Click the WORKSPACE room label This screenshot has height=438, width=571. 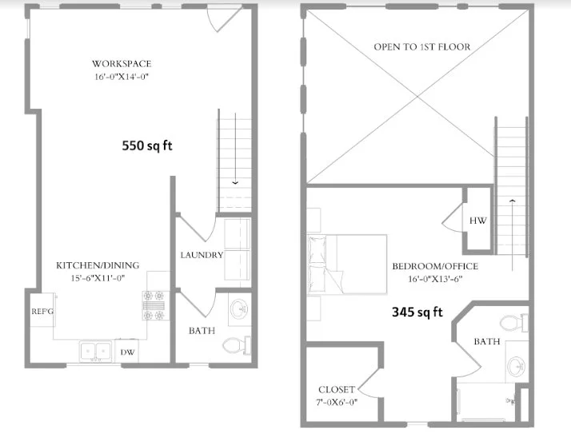pos(122,64)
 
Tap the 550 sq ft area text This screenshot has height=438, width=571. pos(147,145)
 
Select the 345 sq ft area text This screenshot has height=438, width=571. pos(417,312)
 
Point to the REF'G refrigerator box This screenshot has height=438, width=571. pos(42,310)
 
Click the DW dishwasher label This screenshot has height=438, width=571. pos(127,352)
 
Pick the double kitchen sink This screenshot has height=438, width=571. pos(95,352)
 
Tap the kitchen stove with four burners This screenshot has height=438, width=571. pos(155,305)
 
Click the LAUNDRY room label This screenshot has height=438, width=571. pos(202,255)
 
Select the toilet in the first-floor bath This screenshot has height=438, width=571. pos(237,345)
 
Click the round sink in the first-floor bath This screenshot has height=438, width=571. pos(239,309)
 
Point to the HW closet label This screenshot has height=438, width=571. pos(477,221)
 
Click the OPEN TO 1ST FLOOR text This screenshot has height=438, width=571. pos(422,47)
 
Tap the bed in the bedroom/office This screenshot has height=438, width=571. pos(347,265)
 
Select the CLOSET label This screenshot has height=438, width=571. pos(337,389)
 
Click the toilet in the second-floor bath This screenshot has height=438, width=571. pos(514,323)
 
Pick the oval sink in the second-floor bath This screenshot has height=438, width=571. pos(517,366)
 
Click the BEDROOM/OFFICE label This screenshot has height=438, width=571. pos(435,266)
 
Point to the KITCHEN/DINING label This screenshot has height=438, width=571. pos(98,265)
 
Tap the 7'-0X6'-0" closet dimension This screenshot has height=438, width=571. pos(337,402)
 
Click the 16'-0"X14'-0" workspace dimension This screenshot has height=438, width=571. pos(122,77)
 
